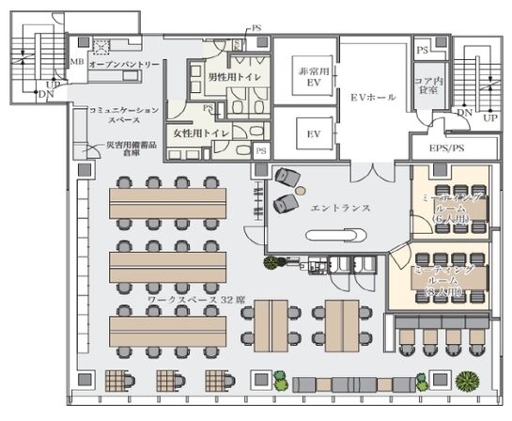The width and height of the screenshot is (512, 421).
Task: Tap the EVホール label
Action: coord(373,97)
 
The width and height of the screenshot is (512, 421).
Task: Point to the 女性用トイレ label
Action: coord(198,134)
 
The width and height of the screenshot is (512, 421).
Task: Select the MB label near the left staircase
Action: coord(77,62)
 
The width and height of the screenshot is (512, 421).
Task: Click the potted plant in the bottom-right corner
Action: coord(466,382)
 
